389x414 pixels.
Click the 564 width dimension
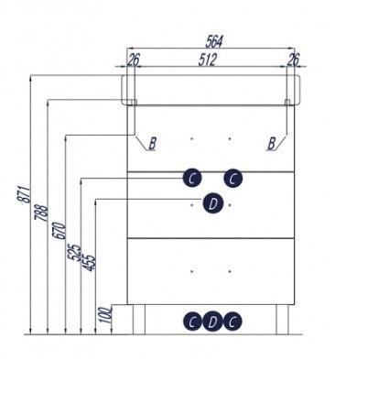214,41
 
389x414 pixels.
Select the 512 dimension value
208,60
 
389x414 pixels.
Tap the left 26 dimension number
134,60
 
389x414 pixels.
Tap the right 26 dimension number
294,60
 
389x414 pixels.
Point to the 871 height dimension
24,194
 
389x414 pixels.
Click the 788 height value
41,212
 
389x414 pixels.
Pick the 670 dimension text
59,231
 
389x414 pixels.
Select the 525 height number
74,252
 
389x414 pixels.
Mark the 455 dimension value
90,263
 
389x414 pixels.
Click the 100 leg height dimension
105,315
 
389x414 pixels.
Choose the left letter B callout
153,144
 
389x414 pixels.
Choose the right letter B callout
272,144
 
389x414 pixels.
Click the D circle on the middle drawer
213,203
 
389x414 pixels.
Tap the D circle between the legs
212,321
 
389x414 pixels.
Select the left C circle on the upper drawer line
192,179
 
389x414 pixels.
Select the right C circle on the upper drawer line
233,179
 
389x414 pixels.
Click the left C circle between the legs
192,321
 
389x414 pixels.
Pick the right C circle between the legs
232,321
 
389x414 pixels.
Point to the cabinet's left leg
139,320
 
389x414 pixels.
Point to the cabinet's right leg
282,320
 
